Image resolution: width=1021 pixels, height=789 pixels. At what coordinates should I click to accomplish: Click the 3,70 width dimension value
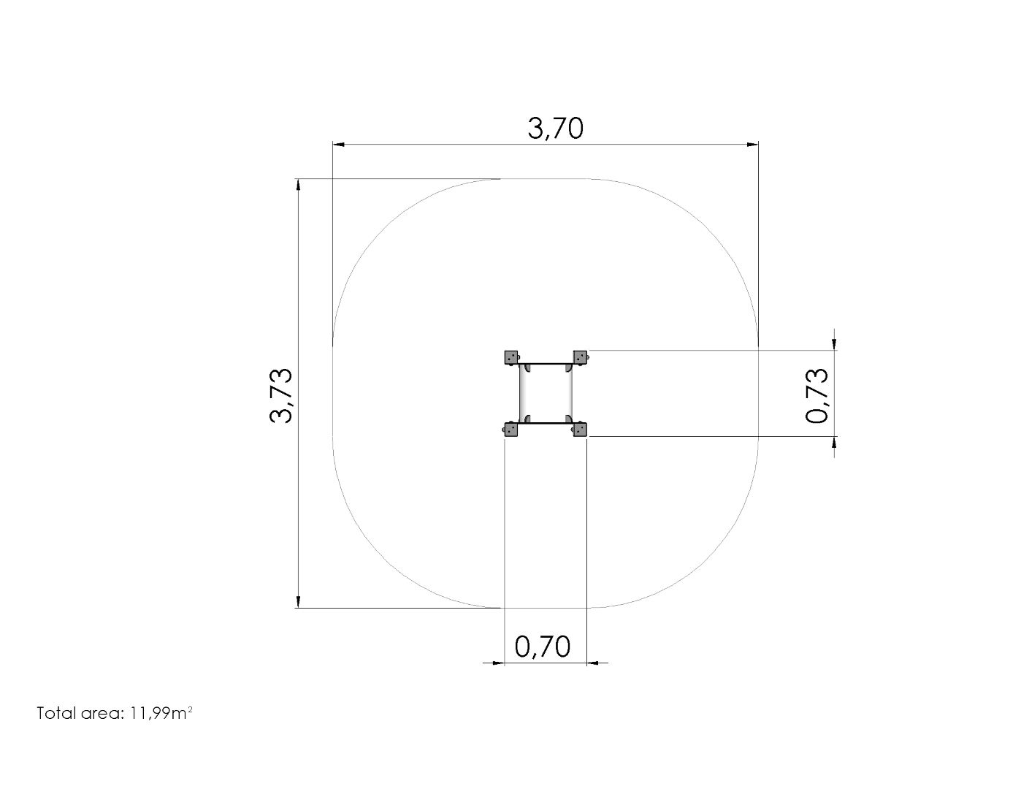click(x=555, y=129)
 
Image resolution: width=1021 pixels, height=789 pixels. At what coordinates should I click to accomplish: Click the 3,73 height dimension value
click(x=281, y=396)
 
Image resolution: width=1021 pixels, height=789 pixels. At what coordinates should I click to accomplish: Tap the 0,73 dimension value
click(x=817, y=395)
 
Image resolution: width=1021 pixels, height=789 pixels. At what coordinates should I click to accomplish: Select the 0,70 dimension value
click(x=543, y=647)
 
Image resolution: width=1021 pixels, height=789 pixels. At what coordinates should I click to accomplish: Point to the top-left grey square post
click(x=511, y=357)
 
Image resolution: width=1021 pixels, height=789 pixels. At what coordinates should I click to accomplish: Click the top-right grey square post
click(x=581, y=357)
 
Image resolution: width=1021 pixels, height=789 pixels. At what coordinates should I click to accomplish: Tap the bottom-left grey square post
click(x=511, y=430)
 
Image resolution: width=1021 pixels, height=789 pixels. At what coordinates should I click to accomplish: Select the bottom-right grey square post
click(x=581, y=430)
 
